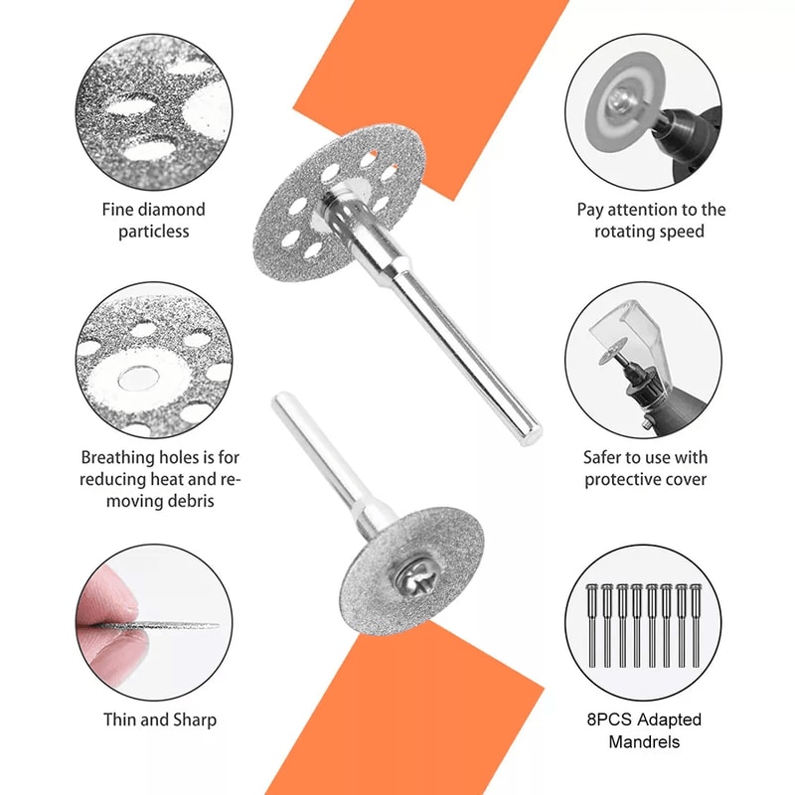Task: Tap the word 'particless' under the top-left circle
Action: tap(153, 232)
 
